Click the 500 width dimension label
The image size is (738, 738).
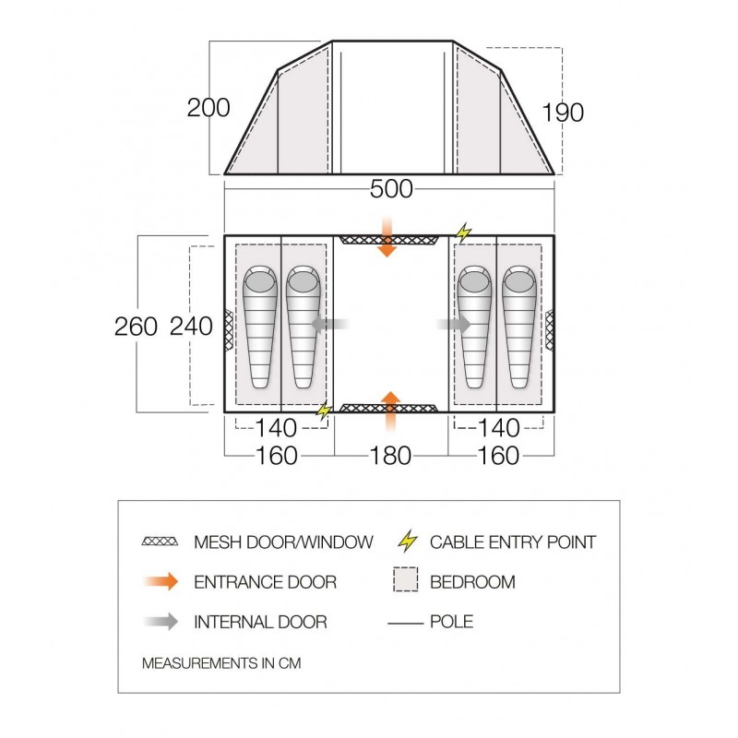(x=391, y=189)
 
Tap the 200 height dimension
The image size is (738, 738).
(x=208, y=108)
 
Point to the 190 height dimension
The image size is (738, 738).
(x=563, y=113)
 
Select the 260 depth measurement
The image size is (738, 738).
(x=136, y=327)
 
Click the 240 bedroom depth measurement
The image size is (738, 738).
(x=191, y=327)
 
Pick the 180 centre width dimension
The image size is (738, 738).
(x=390, y=456)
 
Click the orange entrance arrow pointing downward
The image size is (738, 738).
(x=387, y=236)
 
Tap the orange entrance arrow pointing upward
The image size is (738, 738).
(x=390, y=411)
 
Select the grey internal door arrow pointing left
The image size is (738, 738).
(x=330, y=324)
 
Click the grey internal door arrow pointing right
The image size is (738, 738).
(x=454, y=324)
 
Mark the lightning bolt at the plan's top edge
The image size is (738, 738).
(x=464, y=232)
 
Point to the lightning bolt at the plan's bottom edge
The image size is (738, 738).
(x=324, y=411)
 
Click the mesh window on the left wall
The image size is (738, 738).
(x=228, y=329)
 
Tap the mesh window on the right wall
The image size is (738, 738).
(x=549, y=329)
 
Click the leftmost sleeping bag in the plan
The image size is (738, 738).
(x=260, y=327)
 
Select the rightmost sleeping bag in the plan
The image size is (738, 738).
(x=519, y=327)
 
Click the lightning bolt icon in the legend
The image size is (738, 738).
(x=408, y=541)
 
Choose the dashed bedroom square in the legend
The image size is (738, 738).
(x=406, y=579)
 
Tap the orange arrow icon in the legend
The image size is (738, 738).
(x=161, y=582)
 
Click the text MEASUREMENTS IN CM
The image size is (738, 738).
(x=221, y=663)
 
